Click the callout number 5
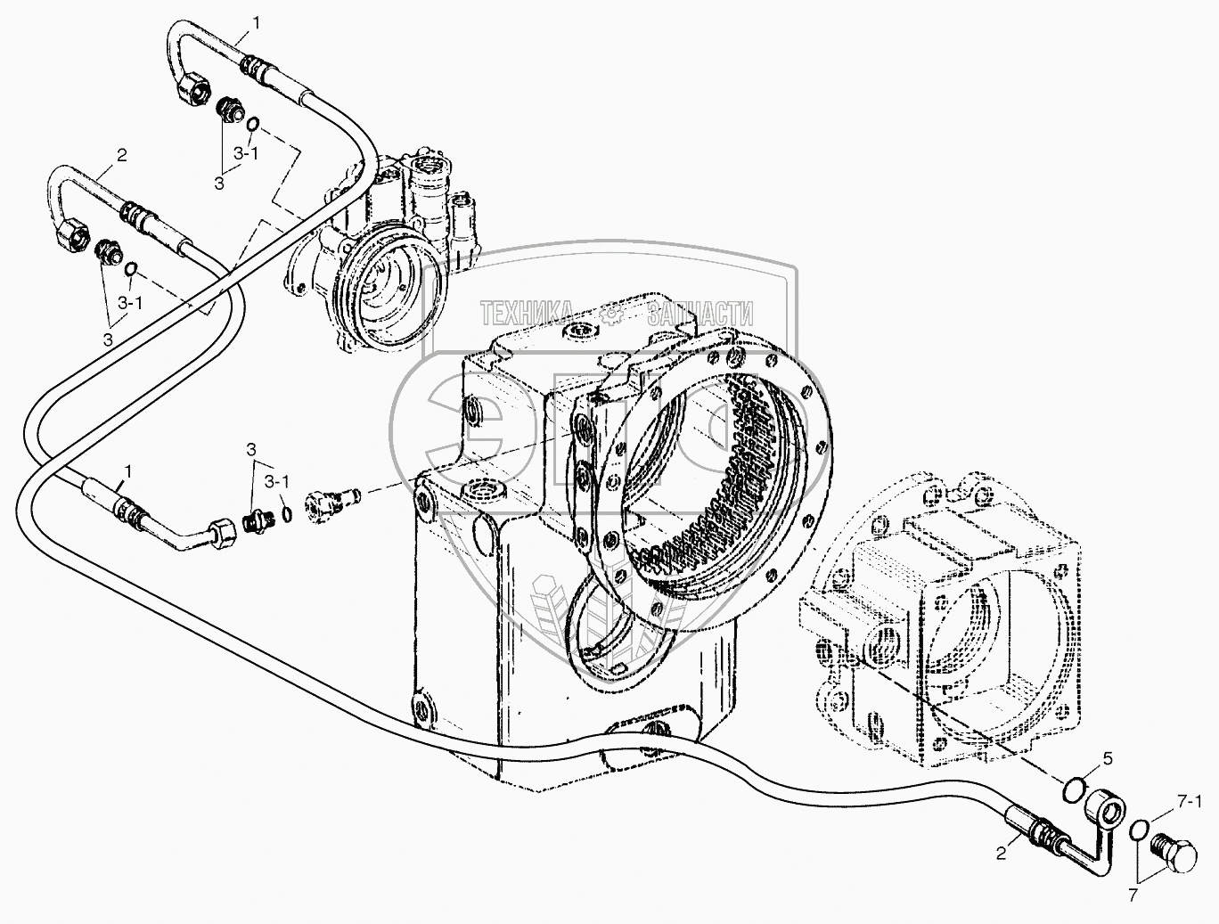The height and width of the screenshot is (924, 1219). coord(1108,759)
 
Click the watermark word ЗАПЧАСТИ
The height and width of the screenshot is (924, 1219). coord(701,313)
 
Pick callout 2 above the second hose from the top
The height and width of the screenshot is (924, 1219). coord(121,154)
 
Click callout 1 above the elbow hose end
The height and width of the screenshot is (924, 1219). coord(128,470)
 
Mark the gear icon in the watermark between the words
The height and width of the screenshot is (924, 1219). coord(612,313)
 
